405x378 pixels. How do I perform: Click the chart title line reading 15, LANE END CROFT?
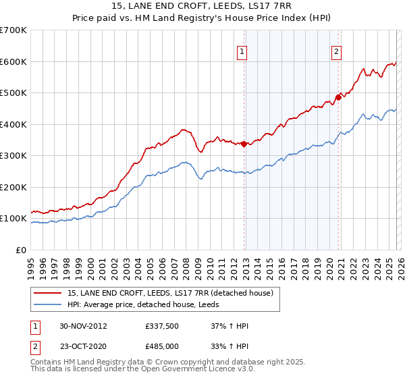click(x=202, y=6)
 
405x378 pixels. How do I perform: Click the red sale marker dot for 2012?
click(x=244, y=143)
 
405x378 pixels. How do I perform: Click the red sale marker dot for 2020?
click(x=338, y=97)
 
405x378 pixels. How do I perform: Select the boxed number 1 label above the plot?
click(x=242, y=49)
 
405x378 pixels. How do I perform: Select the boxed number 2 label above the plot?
click(x=336, y=49)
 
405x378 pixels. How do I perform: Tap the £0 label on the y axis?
click(x=21, y=250)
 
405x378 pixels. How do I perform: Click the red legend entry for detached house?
click(x=169, y=293)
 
